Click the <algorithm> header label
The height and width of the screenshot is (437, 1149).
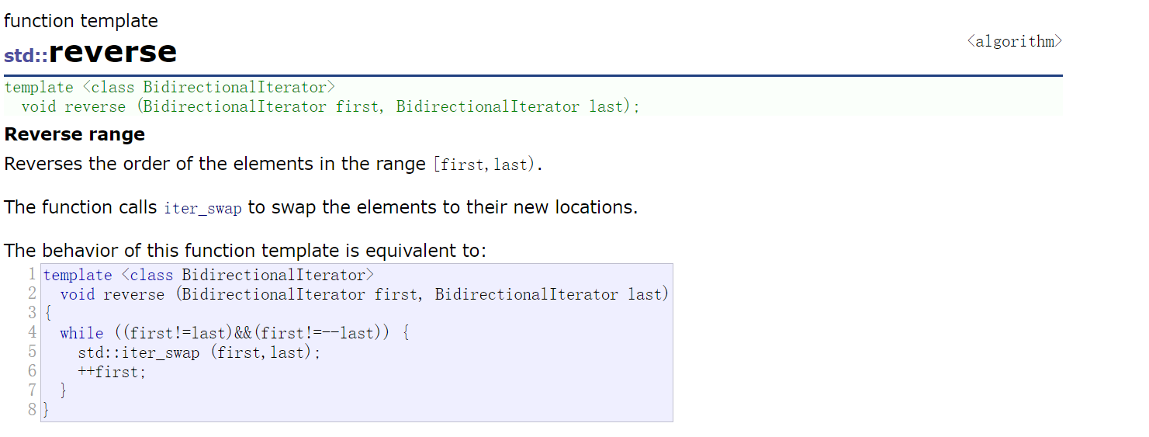(1014, 42)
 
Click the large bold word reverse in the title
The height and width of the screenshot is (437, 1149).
(113, 52)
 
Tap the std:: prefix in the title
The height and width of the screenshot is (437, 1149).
(26, 56)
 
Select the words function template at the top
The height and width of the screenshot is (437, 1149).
(81, 21)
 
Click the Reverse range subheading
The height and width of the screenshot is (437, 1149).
(74, 134)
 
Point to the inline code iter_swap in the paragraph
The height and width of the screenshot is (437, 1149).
(202, 209)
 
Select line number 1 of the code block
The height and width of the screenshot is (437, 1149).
(32, 275)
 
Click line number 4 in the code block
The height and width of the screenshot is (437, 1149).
(32, 333)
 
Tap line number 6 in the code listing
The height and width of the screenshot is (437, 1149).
(32, 372)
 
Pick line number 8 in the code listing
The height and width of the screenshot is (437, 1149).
(32, 410)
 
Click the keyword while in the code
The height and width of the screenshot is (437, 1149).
(81, 333)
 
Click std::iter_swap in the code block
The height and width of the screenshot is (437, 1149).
(139, 352)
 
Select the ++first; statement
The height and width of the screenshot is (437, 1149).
(112, 372)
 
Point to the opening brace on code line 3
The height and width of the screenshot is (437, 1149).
(47, 314)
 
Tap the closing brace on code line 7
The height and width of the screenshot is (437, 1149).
(64, 390)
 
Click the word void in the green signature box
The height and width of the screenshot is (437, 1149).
(39, 106)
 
